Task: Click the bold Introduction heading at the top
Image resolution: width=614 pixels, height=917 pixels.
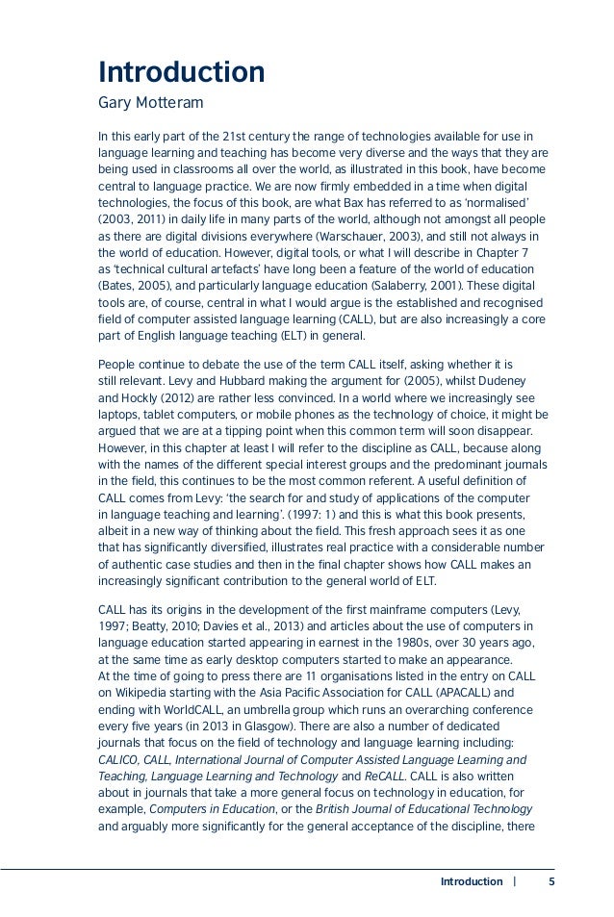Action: [181, 72]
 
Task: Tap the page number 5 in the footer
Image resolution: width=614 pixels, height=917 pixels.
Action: [551, 881]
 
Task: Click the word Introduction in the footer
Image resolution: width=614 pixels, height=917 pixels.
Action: [471, 881]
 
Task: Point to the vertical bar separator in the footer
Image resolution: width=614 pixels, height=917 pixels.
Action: [516, 881]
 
